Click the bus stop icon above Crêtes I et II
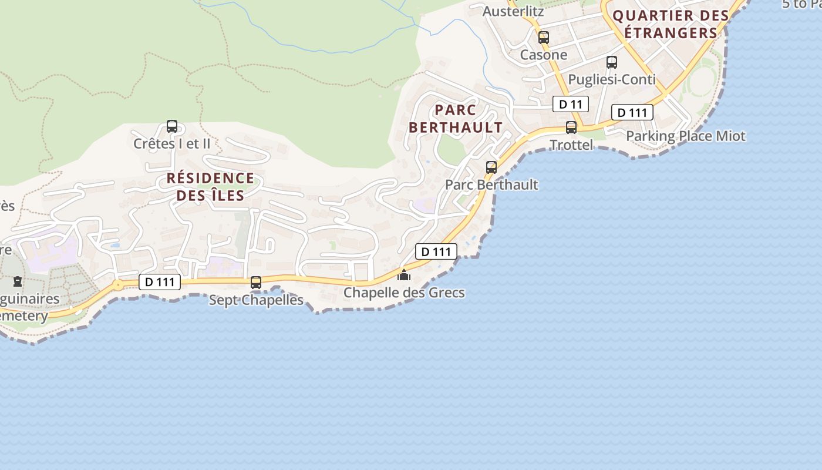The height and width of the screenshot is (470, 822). click(172, 126)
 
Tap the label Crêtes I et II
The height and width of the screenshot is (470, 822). click(171, 143)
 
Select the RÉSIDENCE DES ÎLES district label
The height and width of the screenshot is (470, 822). click(210, 186)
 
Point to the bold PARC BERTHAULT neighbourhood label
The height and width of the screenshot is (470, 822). click(456, 119)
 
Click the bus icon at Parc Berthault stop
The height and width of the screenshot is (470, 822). click(491, 167)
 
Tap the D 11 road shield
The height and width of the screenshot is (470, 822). click(570, 105)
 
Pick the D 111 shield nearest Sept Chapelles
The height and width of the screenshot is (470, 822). click(160, 282)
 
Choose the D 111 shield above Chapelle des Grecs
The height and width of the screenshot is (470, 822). click(436, 251)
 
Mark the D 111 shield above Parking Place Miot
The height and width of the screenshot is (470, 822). click(632, 112)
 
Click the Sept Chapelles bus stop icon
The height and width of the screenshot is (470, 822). click(256, 282)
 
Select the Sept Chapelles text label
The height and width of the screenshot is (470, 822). click(256, 300)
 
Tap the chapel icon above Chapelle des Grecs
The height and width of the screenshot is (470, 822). click(404, 275)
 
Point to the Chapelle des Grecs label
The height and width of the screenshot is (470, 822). click(404, 293)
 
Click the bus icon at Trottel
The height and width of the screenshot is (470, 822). click(571, 127)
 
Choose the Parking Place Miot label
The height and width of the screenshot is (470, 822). click(685, 136)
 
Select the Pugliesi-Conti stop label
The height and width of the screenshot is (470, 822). click(612, 79)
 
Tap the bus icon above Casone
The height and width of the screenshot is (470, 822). click(544, 37)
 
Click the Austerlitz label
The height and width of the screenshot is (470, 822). click(513, 11)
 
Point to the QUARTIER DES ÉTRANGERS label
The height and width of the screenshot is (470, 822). click(671, 24)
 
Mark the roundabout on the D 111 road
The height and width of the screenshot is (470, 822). click(118, 285)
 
